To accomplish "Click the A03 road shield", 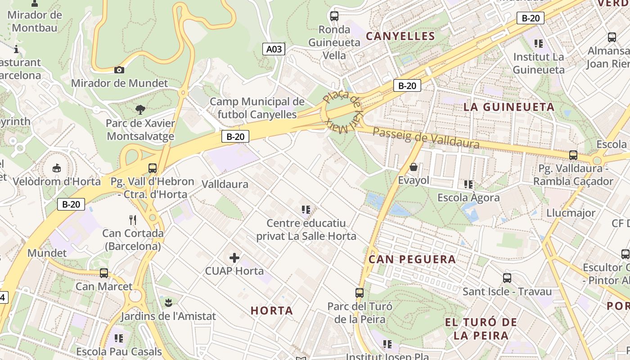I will click(274, 49).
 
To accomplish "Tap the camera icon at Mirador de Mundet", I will click(119, 70).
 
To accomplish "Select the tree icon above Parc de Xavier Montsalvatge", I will click(140, 109).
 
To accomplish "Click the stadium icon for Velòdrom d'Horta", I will click(57, 168).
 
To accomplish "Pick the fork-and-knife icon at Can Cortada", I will click(132, 220).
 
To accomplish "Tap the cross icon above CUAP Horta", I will click(234, 258).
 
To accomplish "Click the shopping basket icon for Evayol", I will click(414, 167).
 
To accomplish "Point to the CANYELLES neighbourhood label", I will click(400, 36).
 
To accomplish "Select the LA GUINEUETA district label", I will click(509, 107).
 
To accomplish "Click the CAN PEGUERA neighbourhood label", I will click(412, 259).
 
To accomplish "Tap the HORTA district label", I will click(272, 310).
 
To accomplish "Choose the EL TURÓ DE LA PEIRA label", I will click(481, 328).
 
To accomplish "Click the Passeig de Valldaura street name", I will click(426, 138).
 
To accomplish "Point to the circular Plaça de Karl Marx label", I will click(342, 111).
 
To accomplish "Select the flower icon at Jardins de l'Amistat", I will click(168, 302).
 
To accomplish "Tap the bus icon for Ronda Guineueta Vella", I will click(334, 16).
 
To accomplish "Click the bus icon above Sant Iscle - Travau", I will click(507, 278).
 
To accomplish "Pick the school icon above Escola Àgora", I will click(468, 184).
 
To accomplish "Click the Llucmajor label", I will click(571, 213).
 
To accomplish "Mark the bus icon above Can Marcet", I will click(104, 273).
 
